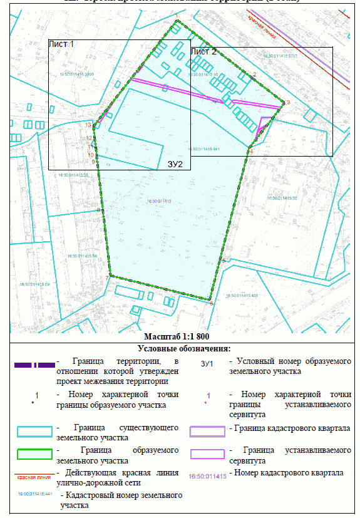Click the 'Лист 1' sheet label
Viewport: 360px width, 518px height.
(61, 44)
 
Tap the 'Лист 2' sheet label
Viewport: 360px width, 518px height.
(203, 51)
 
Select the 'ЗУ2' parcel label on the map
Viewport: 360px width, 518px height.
(175, 164)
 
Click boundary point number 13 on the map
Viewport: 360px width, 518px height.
(88, 125)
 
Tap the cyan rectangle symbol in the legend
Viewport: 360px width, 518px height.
(34, 432)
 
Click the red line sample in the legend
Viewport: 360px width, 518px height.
(34, 475)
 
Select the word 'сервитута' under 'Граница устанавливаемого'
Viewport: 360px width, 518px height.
(249, 460)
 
